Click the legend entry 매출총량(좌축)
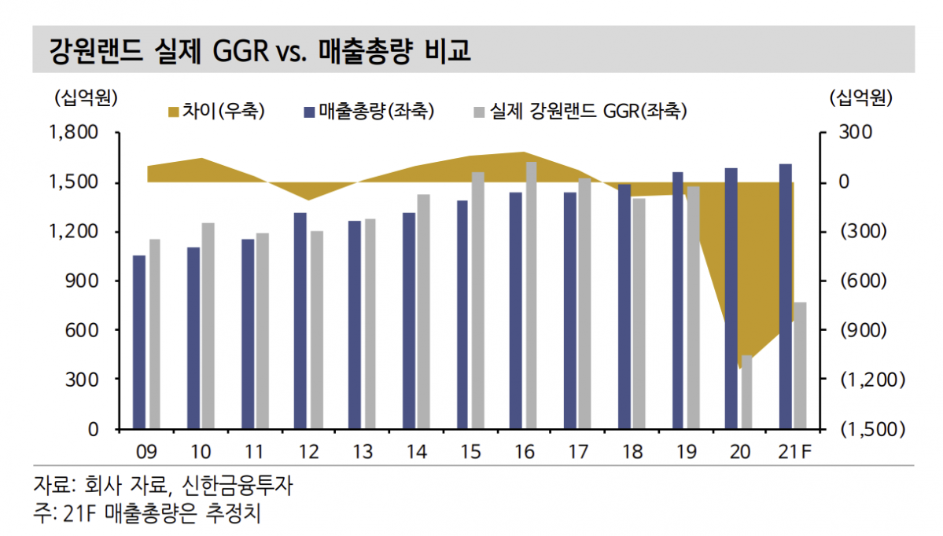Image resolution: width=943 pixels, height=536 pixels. pyautogui.click(x=370, y=112)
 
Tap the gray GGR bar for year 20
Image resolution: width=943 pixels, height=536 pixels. pyautogui.click(x=746, y=392)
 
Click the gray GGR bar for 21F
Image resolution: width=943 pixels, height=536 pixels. pyautogui.click(x=800, y=365)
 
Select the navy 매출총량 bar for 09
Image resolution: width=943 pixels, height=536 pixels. pyautogui.click(x=139, y=342)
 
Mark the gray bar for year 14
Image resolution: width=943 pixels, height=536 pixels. pyautogui.click(x=423, y=311)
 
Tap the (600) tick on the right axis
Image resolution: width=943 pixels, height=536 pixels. pyautogui.click(x=863, y=281)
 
